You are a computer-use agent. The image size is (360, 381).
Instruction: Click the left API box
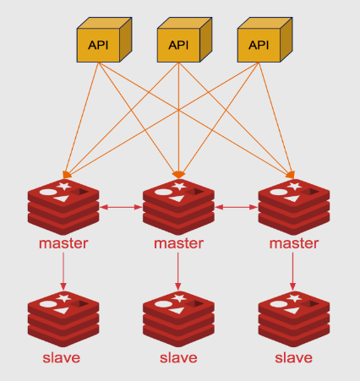point(99,42)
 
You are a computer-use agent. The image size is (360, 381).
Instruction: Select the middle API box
point(178,42)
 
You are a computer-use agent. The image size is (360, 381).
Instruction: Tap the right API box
point(258,42)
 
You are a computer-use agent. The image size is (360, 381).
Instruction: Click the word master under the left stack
point(63,243)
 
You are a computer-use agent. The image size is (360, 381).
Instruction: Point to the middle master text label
point(178,243)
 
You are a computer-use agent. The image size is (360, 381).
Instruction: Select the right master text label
point(293,243)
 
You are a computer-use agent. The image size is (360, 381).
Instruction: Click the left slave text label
point(62,357)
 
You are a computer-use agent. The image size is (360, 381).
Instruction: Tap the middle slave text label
point(178,357)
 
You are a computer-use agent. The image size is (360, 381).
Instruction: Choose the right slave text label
point(293,357)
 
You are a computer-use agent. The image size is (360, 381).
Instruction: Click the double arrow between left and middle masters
point(121,205)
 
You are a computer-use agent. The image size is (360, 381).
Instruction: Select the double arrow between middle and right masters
point(236,205)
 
